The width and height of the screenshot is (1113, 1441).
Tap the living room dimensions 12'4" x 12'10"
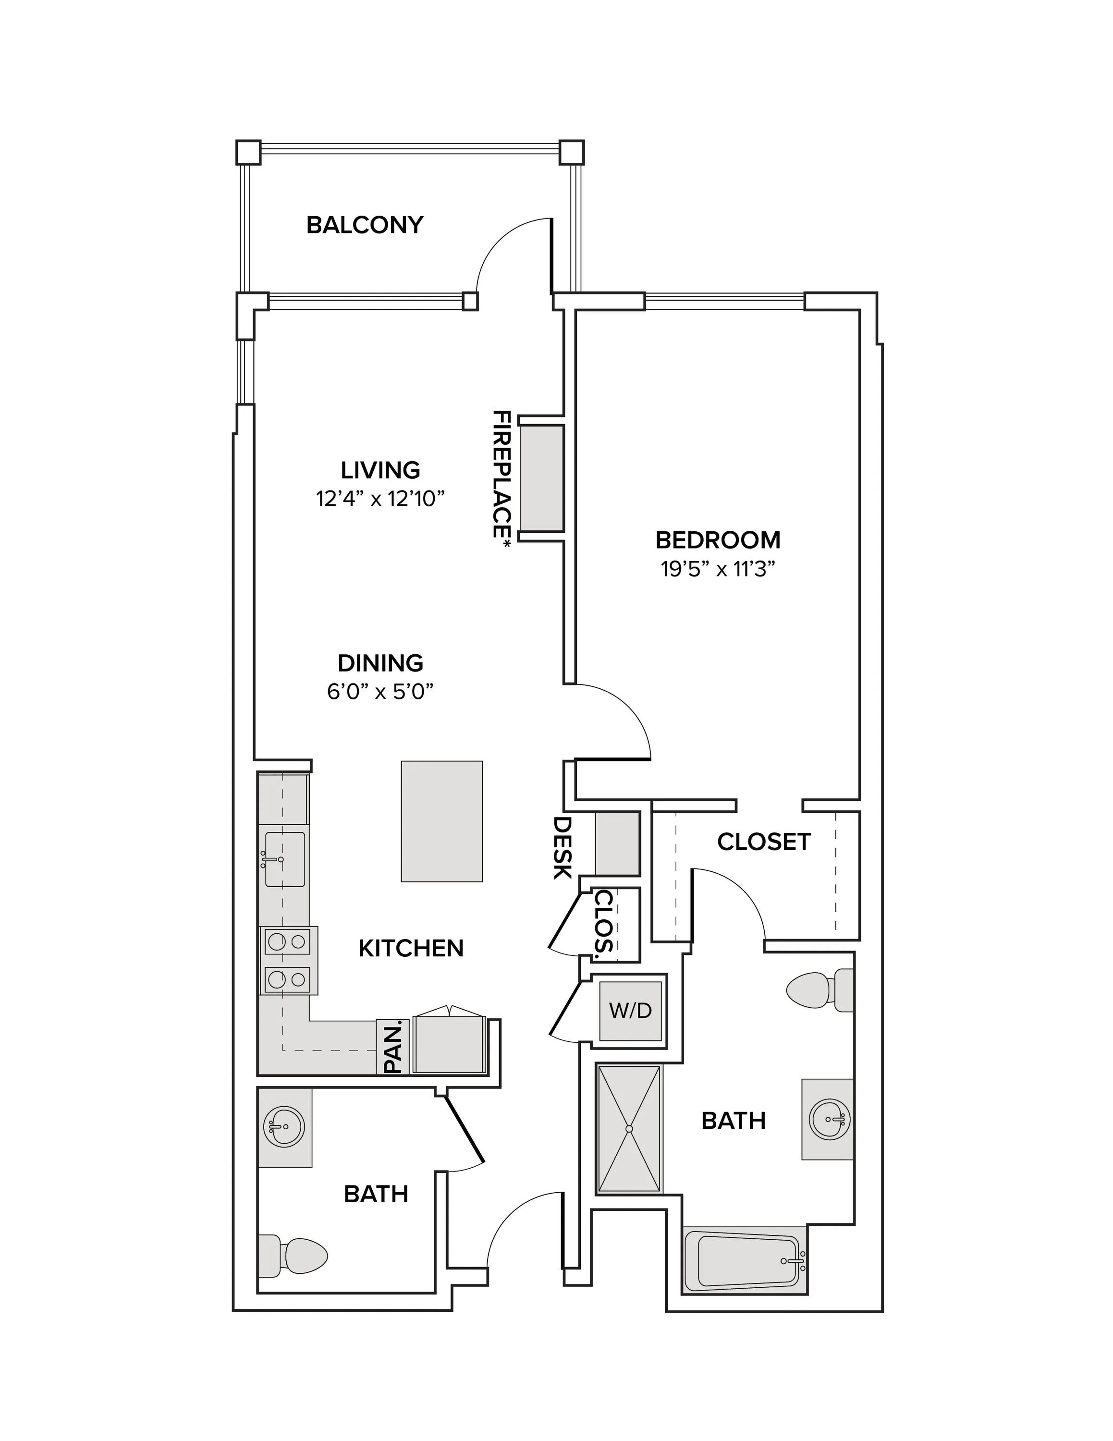click(x=380, y=499)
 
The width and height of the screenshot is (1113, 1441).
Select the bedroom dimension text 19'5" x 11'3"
click(x=717, y=569)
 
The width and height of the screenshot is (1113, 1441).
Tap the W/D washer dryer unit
click(x=630, y=1010)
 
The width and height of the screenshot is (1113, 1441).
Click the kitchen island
click(x=441, y=821)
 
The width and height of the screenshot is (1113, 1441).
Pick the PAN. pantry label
click(x=393, y=1048)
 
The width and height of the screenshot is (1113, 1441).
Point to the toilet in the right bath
click(x=819, y=989)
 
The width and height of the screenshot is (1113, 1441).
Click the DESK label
click(x=562, y=848)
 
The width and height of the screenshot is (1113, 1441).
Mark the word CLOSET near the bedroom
click(x=763, y=842)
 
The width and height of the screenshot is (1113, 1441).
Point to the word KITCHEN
click(x=411, y=948)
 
